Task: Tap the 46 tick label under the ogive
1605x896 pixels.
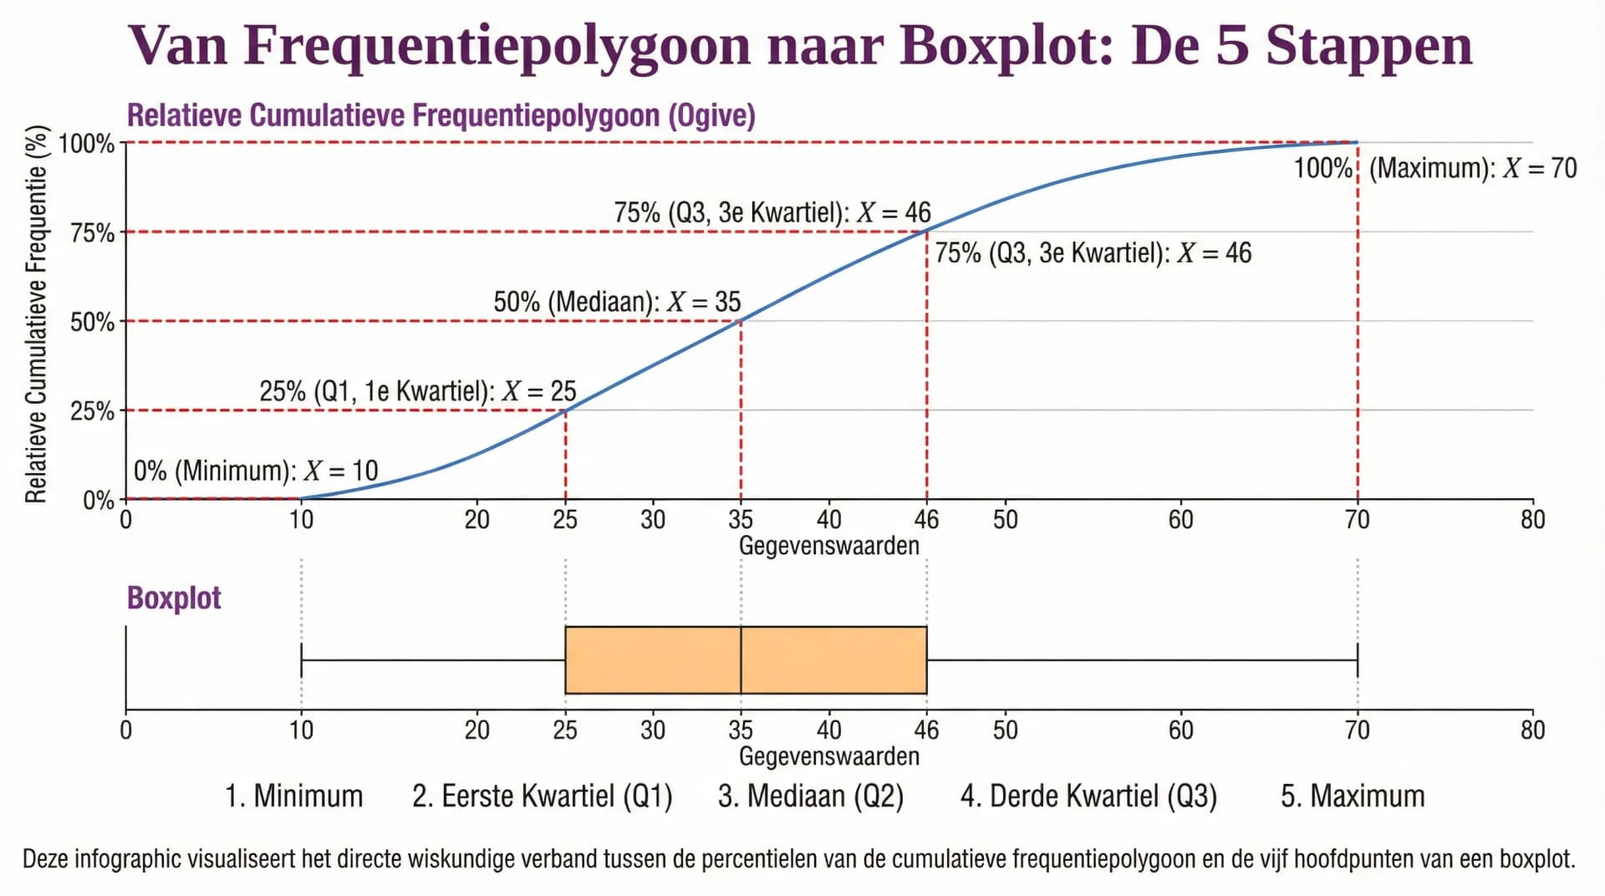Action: pos(926,520)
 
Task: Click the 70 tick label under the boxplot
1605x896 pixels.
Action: pos(1357,731)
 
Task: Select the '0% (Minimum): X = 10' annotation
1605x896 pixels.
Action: pos(256,471)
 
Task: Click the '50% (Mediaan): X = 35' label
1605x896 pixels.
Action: pos(617,302)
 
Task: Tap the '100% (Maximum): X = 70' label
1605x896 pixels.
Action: pos(1434,168)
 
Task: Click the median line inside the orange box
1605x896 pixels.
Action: pos(741,660)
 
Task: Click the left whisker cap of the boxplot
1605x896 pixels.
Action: pos(301,660)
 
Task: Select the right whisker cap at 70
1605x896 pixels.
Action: pos(1358,660)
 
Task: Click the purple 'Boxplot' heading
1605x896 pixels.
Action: pos(174,598)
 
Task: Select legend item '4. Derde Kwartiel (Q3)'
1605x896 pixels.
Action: pos(1088,796)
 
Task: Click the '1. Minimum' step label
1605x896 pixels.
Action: pos(293,796)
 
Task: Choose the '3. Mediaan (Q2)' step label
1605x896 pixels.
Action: pos(810,796)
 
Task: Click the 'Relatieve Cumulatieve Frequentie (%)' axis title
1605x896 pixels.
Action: pos(35,314)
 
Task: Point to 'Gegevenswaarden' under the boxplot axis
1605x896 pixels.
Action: pos(828,756)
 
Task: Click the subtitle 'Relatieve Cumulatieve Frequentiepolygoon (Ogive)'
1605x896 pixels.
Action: pos(441,115)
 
